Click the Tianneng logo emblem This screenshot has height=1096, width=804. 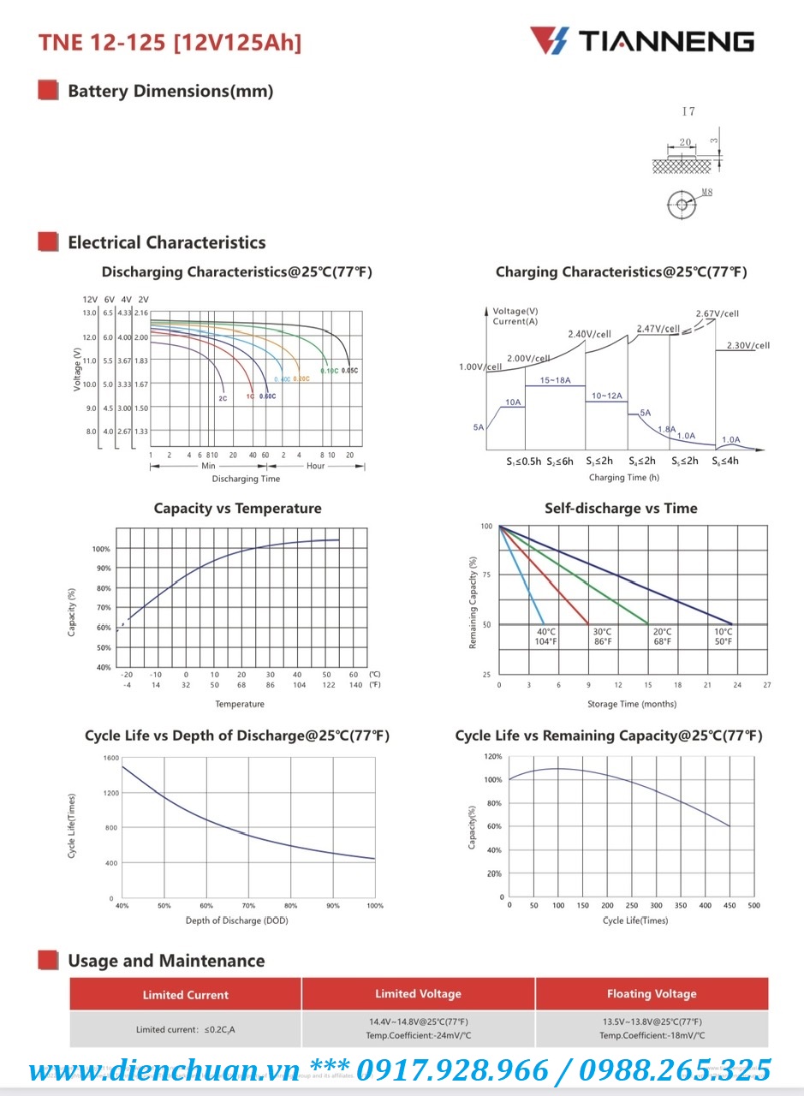tap(549, 40)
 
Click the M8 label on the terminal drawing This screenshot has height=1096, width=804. tap(706, 194)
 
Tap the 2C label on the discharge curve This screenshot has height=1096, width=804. tap(223, 398)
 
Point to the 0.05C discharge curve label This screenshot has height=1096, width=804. tap(349, 371)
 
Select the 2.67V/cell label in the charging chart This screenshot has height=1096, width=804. tap(718, 314)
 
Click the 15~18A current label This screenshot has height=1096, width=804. tap(556, 379)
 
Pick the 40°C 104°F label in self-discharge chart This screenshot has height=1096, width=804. tap(545, 636)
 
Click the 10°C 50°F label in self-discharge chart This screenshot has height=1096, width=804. tap(724, 636)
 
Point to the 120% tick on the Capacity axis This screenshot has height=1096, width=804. tap(493, 757)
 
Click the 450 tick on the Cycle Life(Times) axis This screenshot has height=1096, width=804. tap(730, 905)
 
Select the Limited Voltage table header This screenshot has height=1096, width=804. tap(418, 994)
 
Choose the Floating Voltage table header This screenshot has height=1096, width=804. tap(652, 994)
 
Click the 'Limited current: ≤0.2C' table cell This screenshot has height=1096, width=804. tap(185, 1029)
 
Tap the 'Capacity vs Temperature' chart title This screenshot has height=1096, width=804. tap(237, 509)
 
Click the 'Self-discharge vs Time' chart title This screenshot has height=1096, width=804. tap(621, 509)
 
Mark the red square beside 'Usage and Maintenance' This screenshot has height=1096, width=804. tap(49, 960)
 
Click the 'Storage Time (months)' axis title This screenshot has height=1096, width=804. tap(632, 704)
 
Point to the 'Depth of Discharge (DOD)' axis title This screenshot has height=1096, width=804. tap(249, 920)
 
